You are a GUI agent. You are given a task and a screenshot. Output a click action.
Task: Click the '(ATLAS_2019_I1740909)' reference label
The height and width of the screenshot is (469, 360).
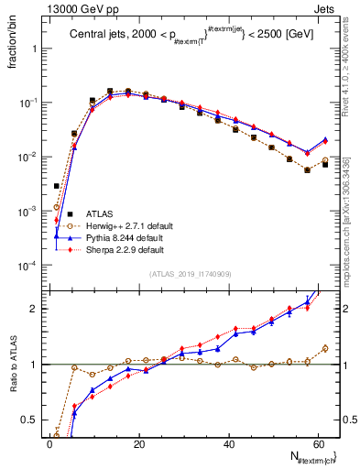pyautogui.click(x=189, y=274)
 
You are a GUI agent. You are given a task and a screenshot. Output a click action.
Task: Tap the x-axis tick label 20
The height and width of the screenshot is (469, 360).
pyautogui.click(x=139, y=444)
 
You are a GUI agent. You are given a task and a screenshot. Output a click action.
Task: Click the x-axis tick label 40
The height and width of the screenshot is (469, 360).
pyautogui.click(x=229, y=444)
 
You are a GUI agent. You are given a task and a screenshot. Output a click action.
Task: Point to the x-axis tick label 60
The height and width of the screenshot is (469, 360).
pyautogui.click(x=318, y=444)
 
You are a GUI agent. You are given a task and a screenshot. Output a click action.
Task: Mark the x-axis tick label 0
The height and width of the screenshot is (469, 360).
pyautogui.click(x=49, y=444)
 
